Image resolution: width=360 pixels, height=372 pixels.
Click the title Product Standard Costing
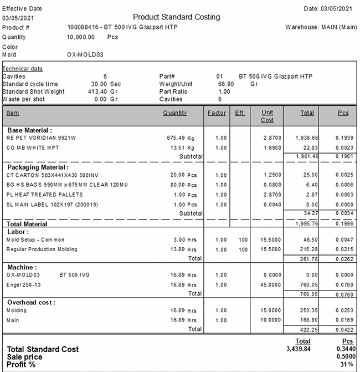(177, 17)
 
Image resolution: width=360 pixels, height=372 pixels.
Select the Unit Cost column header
(267, 116)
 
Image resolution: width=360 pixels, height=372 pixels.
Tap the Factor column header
(216, 113)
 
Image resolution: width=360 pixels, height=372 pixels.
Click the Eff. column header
(240, 113)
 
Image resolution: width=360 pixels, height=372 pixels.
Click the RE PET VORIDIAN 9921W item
(41, 137)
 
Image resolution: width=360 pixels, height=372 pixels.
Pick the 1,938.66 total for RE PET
(307, 137)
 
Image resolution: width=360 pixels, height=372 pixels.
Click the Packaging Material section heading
(38, 166)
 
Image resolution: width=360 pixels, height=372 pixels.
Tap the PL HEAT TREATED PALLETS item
(44, 194)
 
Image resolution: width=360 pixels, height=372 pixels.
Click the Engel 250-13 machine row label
(27, 284)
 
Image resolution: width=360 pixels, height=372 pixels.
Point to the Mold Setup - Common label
(35, 239)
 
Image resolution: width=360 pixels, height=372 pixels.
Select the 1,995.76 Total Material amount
(307, 224)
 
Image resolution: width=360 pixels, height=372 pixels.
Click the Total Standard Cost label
(43, 349)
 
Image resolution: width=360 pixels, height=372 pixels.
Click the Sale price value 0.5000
(341, 356)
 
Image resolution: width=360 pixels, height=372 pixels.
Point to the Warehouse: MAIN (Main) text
(321, 27)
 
